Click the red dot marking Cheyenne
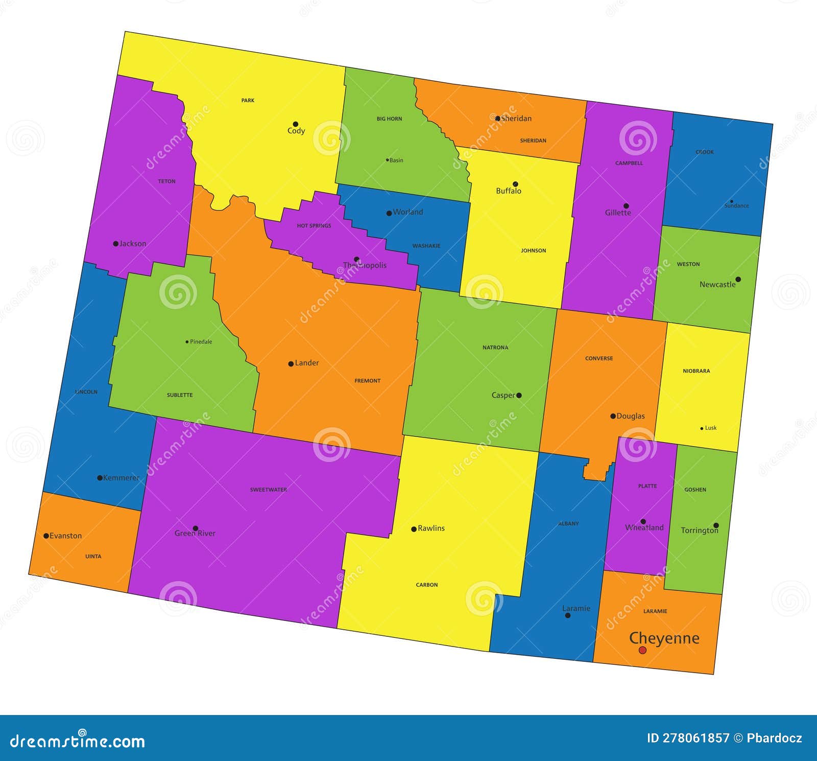[x=642, y=650]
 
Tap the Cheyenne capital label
[x=664, y=638]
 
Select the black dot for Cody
[x=295, y=124]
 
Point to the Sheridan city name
[x=516, y=119]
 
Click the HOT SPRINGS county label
[x=314, y=226]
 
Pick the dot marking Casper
[x=519, y=395]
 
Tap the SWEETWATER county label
[x=269, y=490]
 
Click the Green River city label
[x=195, y=534]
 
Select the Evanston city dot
[x=46, y=536]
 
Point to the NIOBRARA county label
[x=696, y=371]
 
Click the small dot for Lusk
[x=702, y=428]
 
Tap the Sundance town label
[x=737, y=206]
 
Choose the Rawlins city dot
[x=414, y=529]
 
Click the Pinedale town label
[x=201, y=342]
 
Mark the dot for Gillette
[x=626, y=206]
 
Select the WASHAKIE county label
[x=426, y=246]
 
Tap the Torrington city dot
[x=716, y=525]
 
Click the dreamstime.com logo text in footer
[x=78, y=741]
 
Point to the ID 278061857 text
[x=688, y=738]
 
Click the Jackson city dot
[x=115, y=244]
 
